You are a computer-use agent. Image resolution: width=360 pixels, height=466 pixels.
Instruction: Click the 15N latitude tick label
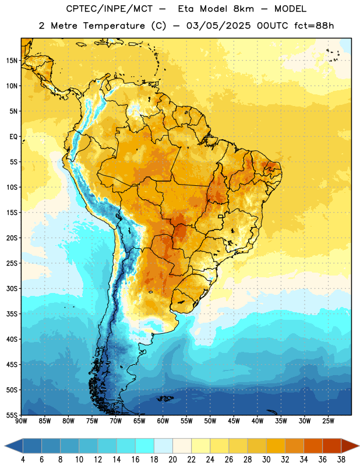tap(12, 61)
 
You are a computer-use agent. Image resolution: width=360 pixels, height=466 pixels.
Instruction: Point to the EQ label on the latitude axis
tap(13, 137)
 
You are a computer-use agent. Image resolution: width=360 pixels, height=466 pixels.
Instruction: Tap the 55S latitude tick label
tap(12, 415)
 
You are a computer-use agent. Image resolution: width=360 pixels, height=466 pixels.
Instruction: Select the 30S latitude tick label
tap(12, 288)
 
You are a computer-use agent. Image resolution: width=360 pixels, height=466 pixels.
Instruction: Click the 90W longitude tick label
tap(22, 421)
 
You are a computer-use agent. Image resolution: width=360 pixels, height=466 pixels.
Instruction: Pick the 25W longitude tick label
tap(328, 421)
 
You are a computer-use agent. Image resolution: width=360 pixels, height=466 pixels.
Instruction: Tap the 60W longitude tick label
tap(163, 421)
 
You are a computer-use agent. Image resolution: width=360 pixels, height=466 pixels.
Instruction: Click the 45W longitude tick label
tap(234, 421)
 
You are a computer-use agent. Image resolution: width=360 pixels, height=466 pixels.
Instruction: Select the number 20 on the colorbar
tap(172, 460)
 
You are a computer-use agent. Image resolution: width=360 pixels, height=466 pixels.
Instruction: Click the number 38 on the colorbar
tap(341, 460)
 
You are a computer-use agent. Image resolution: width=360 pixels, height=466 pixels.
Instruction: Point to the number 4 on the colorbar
tap(23, 460)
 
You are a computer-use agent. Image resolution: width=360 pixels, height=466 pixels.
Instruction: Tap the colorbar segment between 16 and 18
tap(145, 446)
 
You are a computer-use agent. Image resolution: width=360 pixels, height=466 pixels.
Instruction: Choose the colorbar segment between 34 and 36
tap(313, 446)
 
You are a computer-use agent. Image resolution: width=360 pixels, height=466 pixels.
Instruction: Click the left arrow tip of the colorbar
tap(5, 446)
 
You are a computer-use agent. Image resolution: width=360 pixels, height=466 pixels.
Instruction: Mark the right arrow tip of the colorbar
tap(359, 446)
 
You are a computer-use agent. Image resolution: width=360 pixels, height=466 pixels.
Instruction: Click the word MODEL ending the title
tap(290, 9)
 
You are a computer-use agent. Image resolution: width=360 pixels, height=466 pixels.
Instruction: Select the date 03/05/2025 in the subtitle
tap(218, 26)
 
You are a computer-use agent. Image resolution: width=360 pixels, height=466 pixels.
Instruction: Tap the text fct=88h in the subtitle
tap(314, 26)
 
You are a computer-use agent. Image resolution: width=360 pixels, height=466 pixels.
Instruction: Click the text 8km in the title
tap(243, 9)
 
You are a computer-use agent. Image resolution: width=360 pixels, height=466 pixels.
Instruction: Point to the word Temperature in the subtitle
tap(114, 26)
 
